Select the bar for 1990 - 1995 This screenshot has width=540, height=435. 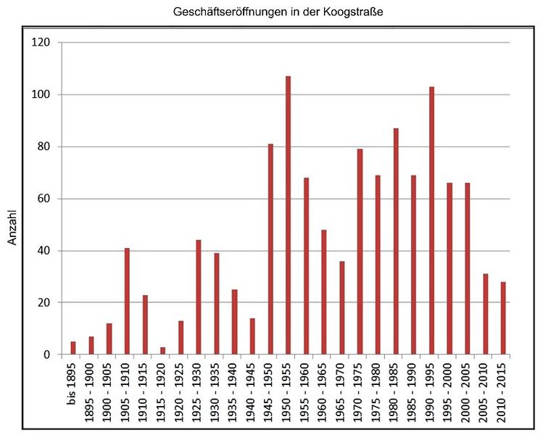coord(431,220)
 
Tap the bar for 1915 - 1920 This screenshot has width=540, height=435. coord(162,351)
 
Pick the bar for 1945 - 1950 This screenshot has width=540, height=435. coord(270,249)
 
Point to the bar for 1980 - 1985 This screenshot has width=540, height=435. coord(396,241)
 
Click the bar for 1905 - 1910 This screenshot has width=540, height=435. coord(127,302)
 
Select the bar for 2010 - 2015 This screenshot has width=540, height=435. coord(503,318)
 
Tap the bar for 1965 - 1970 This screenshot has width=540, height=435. coord(342,308)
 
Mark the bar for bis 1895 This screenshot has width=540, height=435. coord(73,348)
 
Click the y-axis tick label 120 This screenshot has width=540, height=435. coord(41,43)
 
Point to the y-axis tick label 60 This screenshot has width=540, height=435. coord(43,199)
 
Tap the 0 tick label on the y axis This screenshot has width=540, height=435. coord(46,355)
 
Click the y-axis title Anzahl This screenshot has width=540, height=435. coord(12,225)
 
